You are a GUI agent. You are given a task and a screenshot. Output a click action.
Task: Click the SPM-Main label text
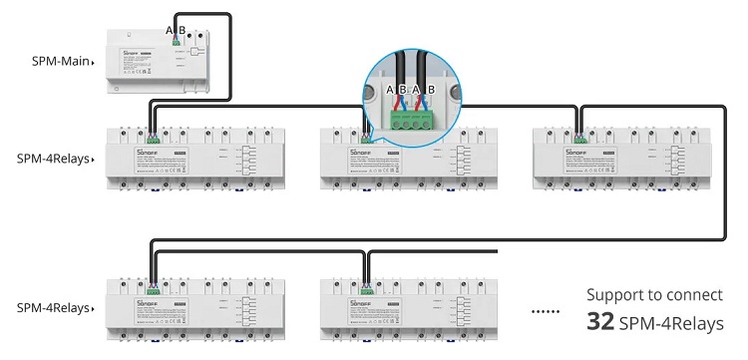tap(59, 62)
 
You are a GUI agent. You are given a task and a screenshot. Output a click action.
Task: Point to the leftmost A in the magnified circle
tap(390, 89)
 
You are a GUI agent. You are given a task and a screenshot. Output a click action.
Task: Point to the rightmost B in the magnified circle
tap(430, 89)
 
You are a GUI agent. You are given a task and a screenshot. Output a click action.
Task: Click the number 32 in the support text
tap(599, 323)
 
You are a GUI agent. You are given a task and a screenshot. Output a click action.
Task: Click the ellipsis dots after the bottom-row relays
tap(545, 311)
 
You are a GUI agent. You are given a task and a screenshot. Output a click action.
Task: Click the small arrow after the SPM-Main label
tap(93, 63)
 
